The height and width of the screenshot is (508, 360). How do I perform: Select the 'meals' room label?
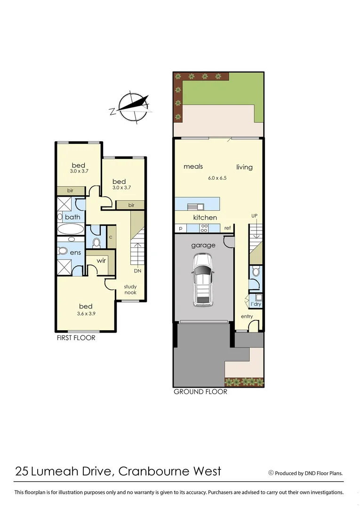coord(193,167)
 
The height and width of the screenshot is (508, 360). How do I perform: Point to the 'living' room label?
coord(244,167)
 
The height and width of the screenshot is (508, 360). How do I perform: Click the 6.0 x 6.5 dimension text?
coord(217,178)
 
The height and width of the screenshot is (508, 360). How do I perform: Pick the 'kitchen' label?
coord(205,218)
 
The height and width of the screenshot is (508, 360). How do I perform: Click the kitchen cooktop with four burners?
coord(205,228)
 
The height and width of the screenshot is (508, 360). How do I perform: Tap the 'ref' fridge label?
coord(227,228)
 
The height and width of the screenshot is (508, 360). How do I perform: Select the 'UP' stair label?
coord(255,215)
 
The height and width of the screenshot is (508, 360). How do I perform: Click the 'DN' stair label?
coord(138,271)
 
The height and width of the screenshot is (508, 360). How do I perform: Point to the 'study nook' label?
coord(130,289)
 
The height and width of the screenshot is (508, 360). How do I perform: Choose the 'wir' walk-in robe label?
coord(101,261)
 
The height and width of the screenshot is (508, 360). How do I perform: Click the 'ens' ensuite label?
coord(75,253)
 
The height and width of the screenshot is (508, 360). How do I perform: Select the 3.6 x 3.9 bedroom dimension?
coord(86,314)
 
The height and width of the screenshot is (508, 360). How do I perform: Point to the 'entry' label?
coord(247,317)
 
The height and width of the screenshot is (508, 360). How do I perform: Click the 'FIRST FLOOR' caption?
coord(76,338)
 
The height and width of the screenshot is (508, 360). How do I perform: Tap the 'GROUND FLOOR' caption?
coord(200,392)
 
